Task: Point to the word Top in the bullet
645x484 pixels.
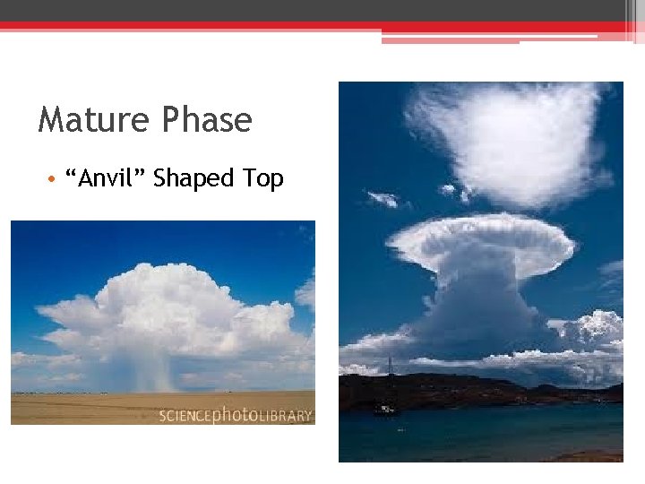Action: click(263, 179)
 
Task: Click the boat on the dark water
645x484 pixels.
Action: click(384, 410)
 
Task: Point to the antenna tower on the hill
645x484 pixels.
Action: click(389, 364)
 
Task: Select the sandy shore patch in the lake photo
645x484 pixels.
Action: click(591, 456)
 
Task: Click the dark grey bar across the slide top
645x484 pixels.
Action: click(314, 10)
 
